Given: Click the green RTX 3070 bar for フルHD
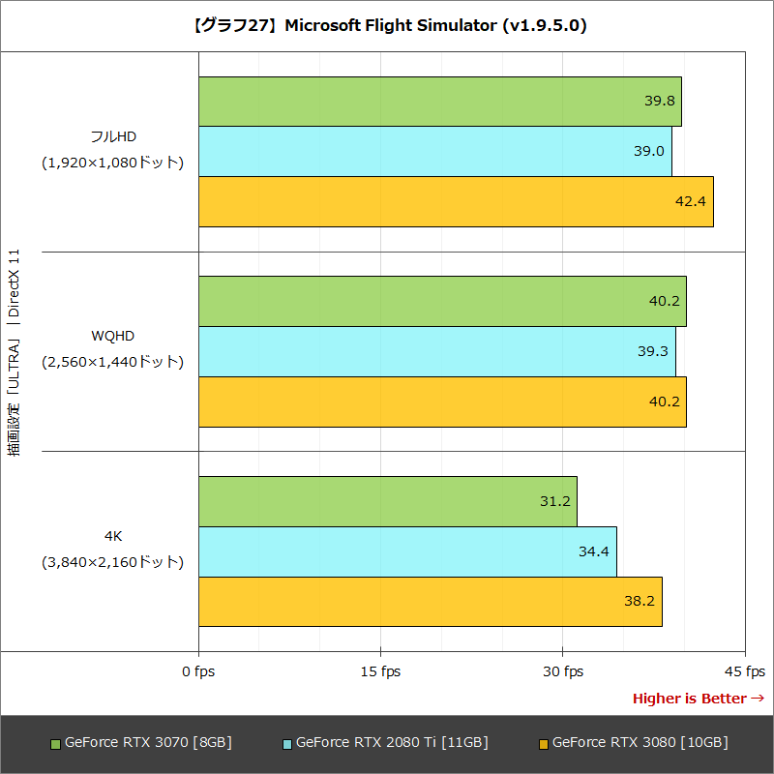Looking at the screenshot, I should [439, 102].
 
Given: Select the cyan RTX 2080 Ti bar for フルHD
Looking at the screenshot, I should [434, 151].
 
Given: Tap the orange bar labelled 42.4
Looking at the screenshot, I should [456, 201].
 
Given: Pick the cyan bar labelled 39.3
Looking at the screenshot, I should [436, 351].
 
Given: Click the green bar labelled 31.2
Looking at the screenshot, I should [387, 501].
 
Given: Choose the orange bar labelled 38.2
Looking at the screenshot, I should [430, 601].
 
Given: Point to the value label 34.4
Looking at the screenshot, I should [594, 551].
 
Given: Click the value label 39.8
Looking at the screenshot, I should [659, 101].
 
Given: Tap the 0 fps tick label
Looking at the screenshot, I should [198, 671].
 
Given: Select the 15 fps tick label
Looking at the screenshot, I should [380, 671].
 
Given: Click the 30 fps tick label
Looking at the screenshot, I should [562, 671].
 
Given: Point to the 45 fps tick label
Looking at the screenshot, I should [743, 671].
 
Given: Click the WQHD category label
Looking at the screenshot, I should [112, 336].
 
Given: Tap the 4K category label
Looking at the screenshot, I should [112, 535].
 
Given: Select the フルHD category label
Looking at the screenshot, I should [112, 135].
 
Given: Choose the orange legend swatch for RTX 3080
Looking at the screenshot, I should [544, 744].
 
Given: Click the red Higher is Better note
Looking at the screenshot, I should [698, 699].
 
